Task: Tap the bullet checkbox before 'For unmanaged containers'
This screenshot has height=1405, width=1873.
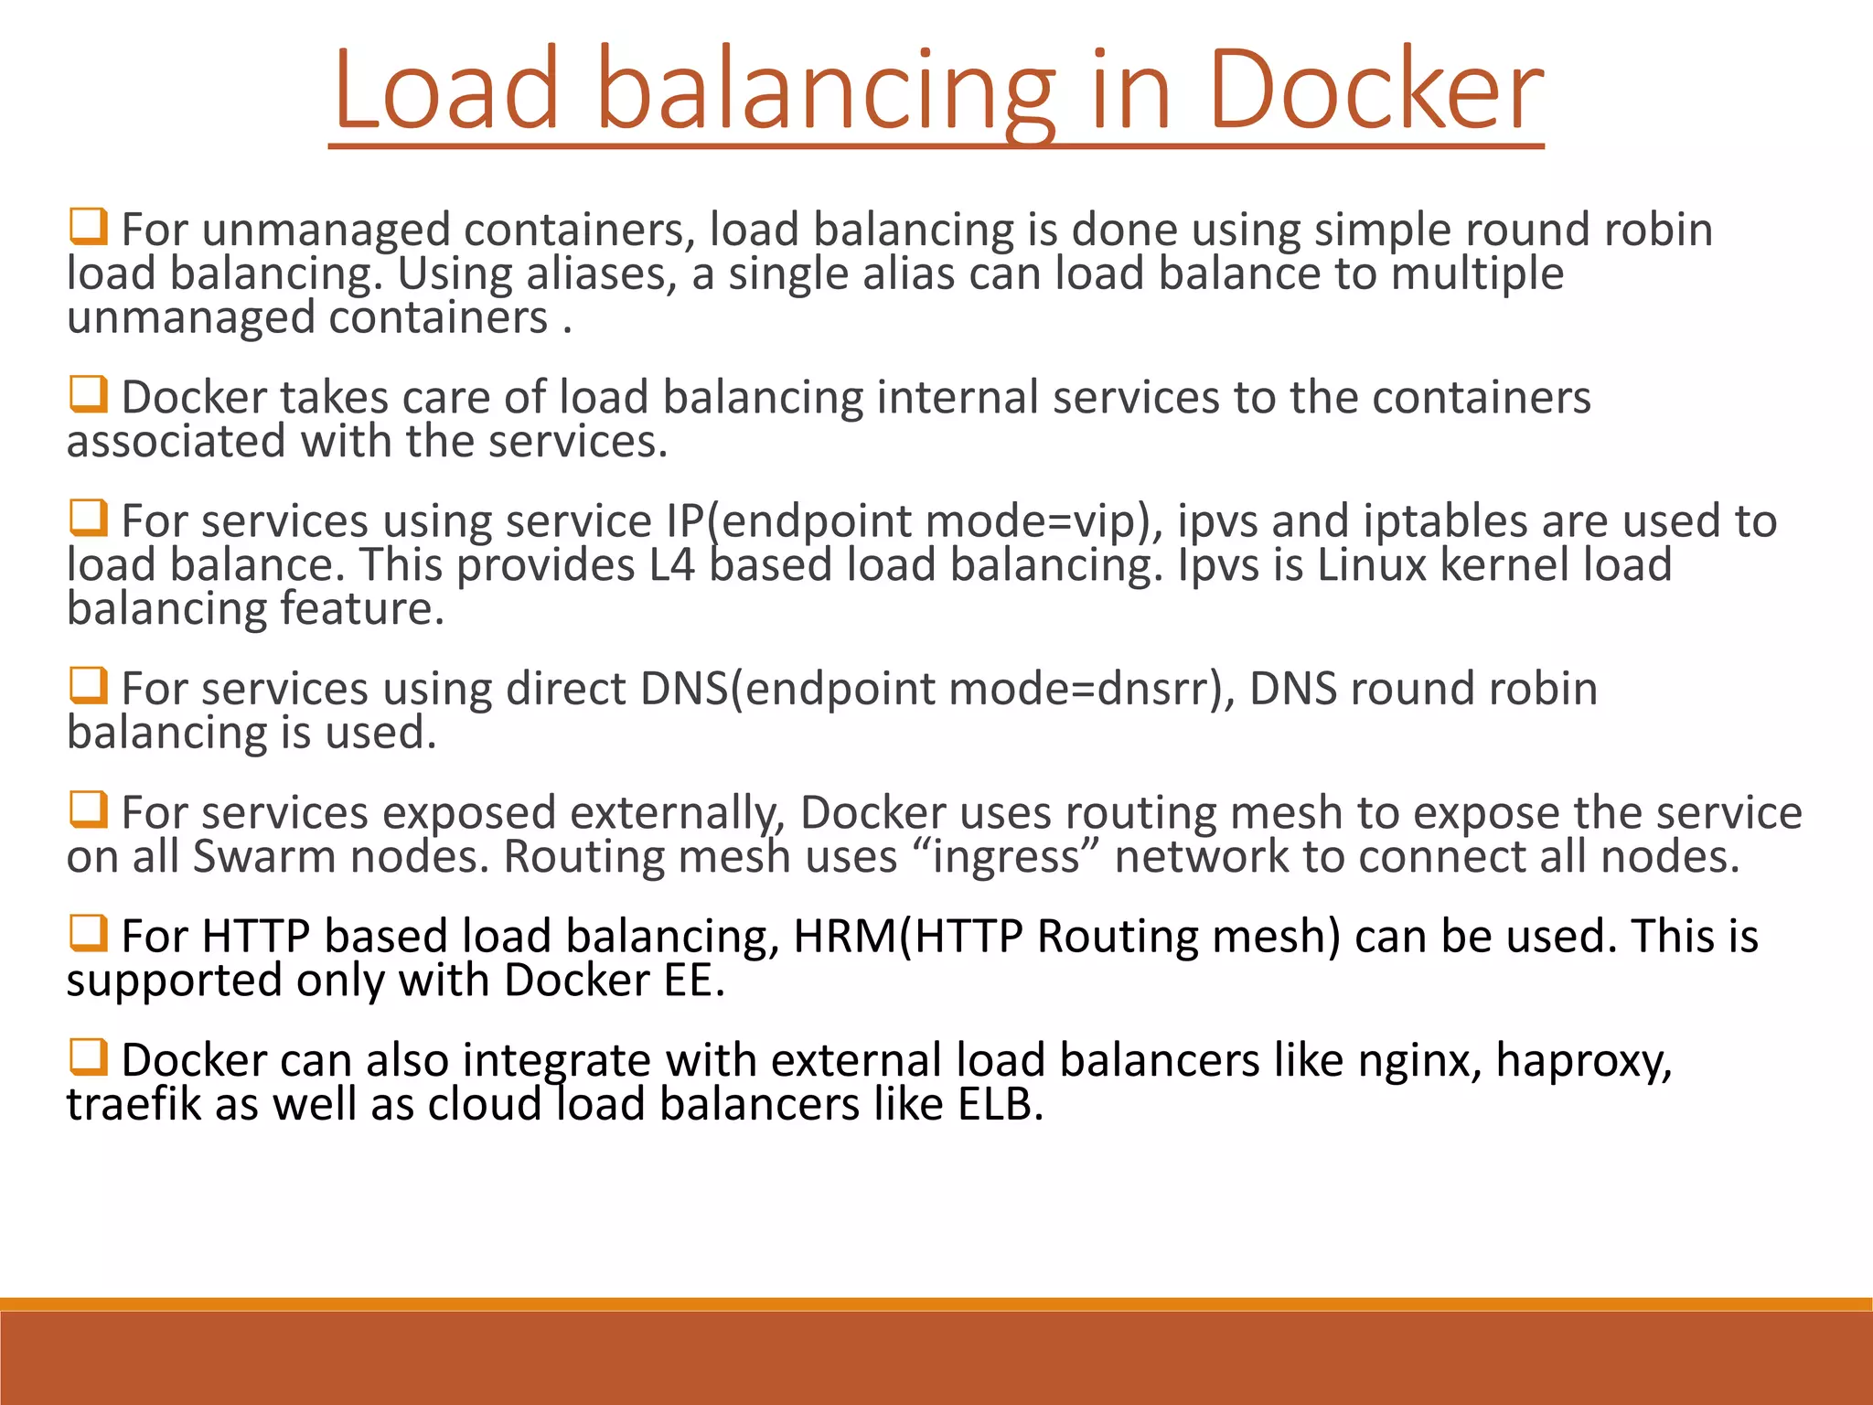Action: click(89, 226)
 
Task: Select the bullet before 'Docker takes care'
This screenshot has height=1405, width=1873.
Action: click(89, 394)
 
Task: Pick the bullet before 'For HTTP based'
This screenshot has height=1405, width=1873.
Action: click(89, 933)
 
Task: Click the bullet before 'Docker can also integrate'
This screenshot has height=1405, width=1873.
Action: click(89, 1057)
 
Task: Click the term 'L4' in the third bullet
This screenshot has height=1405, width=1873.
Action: click(672, 565)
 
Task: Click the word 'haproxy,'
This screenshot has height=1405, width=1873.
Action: click(1584, 1061)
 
